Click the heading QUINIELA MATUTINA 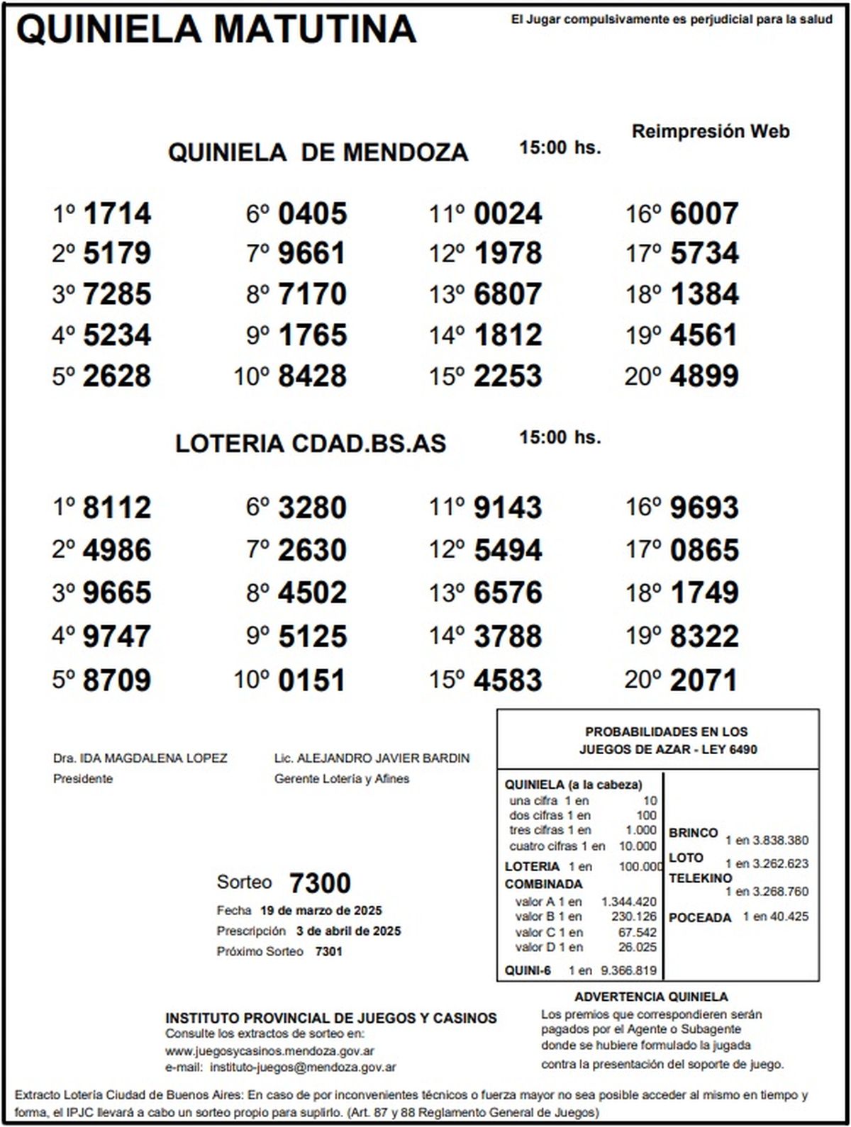click(x=216, y=30)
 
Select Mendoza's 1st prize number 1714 click(x=117, y=214)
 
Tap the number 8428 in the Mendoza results click(x=312, y=376)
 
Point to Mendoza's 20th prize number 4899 click(x=703, y=376)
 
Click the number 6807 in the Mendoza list click(x=508, y=294)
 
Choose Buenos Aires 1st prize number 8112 click(x=117, y=508)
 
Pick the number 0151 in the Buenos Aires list click(x=312, y=681)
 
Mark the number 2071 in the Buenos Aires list click(x=703, y=681)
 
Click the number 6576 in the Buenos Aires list click(x=508, y=593)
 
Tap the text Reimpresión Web click(x=710, y=131)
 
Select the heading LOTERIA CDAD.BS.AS click(x=311, y=444)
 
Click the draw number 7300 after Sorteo click(x=320, y=884)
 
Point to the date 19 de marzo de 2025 click(x=321, y=911)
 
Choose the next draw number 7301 click(x=328, y=952)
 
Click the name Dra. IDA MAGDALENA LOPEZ click(x=140, y=758)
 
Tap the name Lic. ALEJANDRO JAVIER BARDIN click(x=372, y=758)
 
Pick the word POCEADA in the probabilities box click(x=699, y=918)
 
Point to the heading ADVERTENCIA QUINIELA click(x=651, y=997)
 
